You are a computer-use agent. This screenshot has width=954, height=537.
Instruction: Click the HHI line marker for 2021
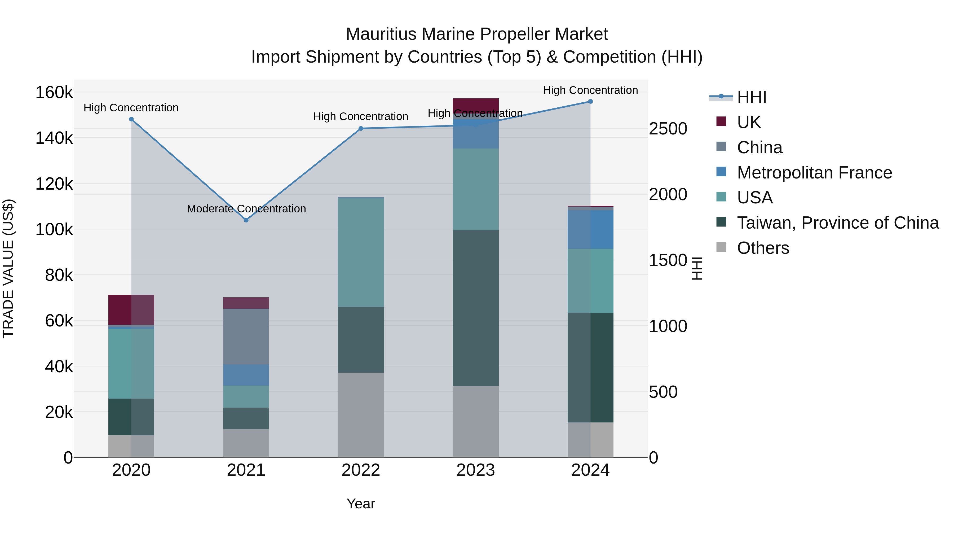(246, 220)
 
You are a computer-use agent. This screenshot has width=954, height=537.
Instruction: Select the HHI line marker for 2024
(590, 102)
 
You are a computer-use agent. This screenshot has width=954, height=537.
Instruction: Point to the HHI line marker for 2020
(131, 119)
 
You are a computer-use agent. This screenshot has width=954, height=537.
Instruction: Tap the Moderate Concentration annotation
(246, 209)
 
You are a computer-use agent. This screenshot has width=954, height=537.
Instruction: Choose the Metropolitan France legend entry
(814, 173)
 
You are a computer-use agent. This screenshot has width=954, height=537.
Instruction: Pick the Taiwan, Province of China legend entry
(838, 223)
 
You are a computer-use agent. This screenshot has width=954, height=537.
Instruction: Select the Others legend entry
(763, 248)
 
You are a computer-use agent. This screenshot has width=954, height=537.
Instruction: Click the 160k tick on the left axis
(54, 92)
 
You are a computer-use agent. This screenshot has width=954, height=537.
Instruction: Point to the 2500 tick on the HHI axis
(668, 129)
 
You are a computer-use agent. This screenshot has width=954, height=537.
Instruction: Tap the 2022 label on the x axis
(361, 470)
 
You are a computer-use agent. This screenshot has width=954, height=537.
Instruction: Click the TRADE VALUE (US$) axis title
(8, 268)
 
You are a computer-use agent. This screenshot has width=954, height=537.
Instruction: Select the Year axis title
(361, 504)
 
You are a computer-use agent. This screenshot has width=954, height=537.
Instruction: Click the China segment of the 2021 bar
(246, 337)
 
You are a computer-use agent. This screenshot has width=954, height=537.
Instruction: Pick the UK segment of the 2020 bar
(131, 310)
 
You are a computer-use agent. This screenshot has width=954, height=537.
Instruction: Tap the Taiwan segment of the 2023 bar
(475, 308)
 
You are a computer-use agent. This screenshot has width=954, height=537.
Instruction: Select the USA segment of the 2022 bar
(361, 252)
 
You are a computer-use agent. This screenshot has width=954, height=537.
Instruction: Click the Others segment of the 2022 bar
(361, 415)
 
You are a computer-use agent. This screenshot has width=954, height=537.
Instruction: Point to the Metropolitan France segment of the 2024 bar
(590, 229)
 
